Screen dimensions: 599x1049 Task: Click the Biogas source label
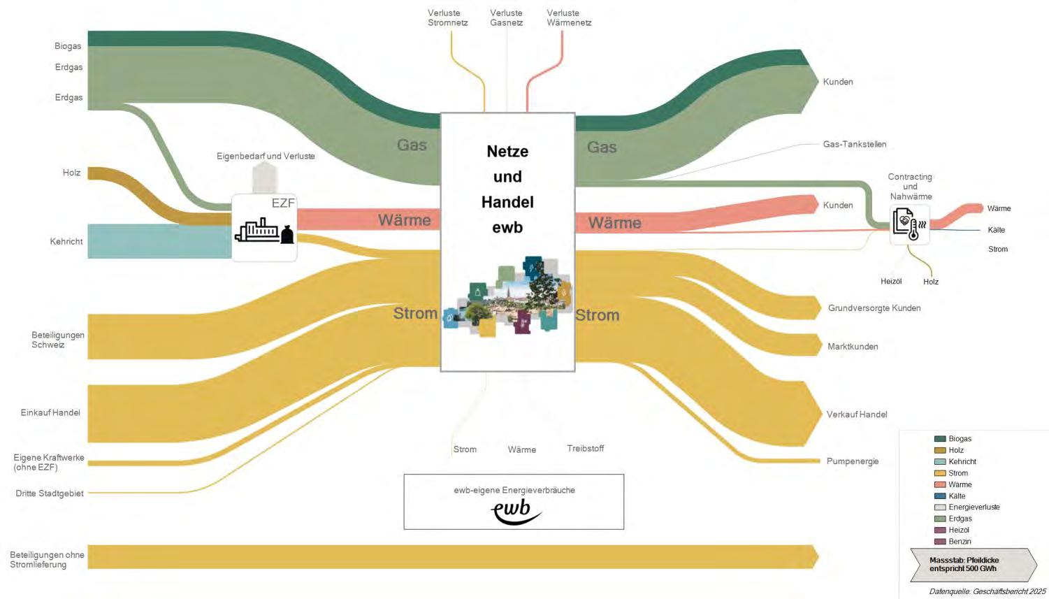tap(68, 46)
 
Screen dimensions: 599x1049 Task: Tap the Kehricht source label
tap(66, 241)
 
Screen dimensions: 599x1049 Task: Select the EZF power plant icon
tap(264, 229)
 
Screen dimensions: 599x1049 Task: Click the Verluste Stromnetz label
tap(447, 18)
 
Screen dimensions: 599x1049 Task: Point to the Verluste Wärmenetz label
tap(569, 18)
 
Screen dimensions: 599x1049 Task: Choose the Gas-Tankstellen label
tap(854, 144)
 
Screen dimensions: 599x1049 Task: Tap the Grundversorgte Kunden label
tap(874, 308)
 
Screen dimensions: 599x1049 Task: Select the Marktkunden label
tap(853, 347)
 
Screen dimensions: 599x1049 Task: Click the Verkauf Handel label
tap(856, 414)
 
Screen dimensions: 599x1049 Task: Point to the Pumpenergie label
tap(852, 461)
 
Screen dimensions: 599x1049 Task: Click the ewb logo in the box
tap(516, 512)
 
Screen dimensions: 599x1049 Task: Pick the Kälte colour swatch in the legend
tap(940, 496)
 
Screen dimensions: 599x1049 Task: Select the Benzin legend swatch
tap(940, 542)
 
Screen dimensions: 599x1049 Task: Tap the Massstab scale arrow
tap(971, 565)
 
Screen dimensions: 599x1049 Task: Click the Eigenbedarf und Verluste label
tap(266, 156)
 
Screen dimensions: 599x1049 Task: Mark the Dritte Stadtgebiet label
tap(50, 493)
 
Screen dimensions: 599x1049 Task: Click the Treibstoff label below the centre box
tap(585, 449)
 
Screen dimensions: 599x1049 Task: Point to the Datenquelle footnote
tap(987, 591)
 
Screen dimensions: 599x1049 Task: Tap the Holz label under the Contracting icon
tap(930, 282)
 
